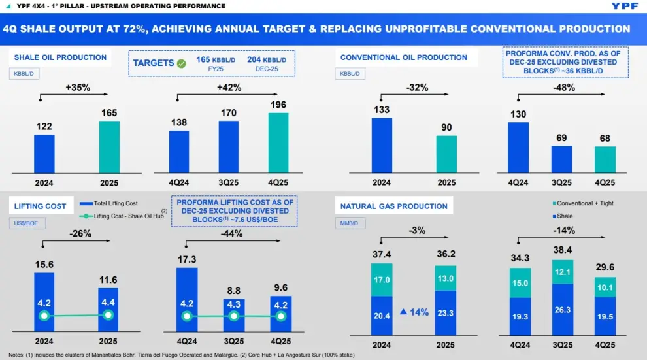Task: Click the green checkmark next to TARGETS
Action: click(x=181, y=63)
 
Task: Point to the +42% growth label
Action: click(x=229, y=87)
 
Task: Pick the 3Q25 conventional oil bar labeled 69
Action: click(x=561, y=159)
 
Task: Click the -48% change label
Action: click(x=563, y=87)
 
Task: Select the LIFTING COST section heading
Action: click(x=41, y=206)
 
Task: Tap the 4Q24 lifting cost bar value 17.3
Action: click(x=187, y=259)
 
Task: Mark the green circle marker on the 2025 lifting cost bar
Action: click(x=108, y=316)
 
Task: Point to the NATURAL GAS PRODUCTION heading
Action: click(x=394, y=206)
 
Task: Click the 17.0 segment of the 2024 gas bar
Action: click(x=382, y=280)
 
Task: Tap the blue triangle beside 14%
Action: click(x=404, y=312)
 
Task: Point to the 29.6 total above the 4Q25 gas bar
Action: click(x=605, y=267)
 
